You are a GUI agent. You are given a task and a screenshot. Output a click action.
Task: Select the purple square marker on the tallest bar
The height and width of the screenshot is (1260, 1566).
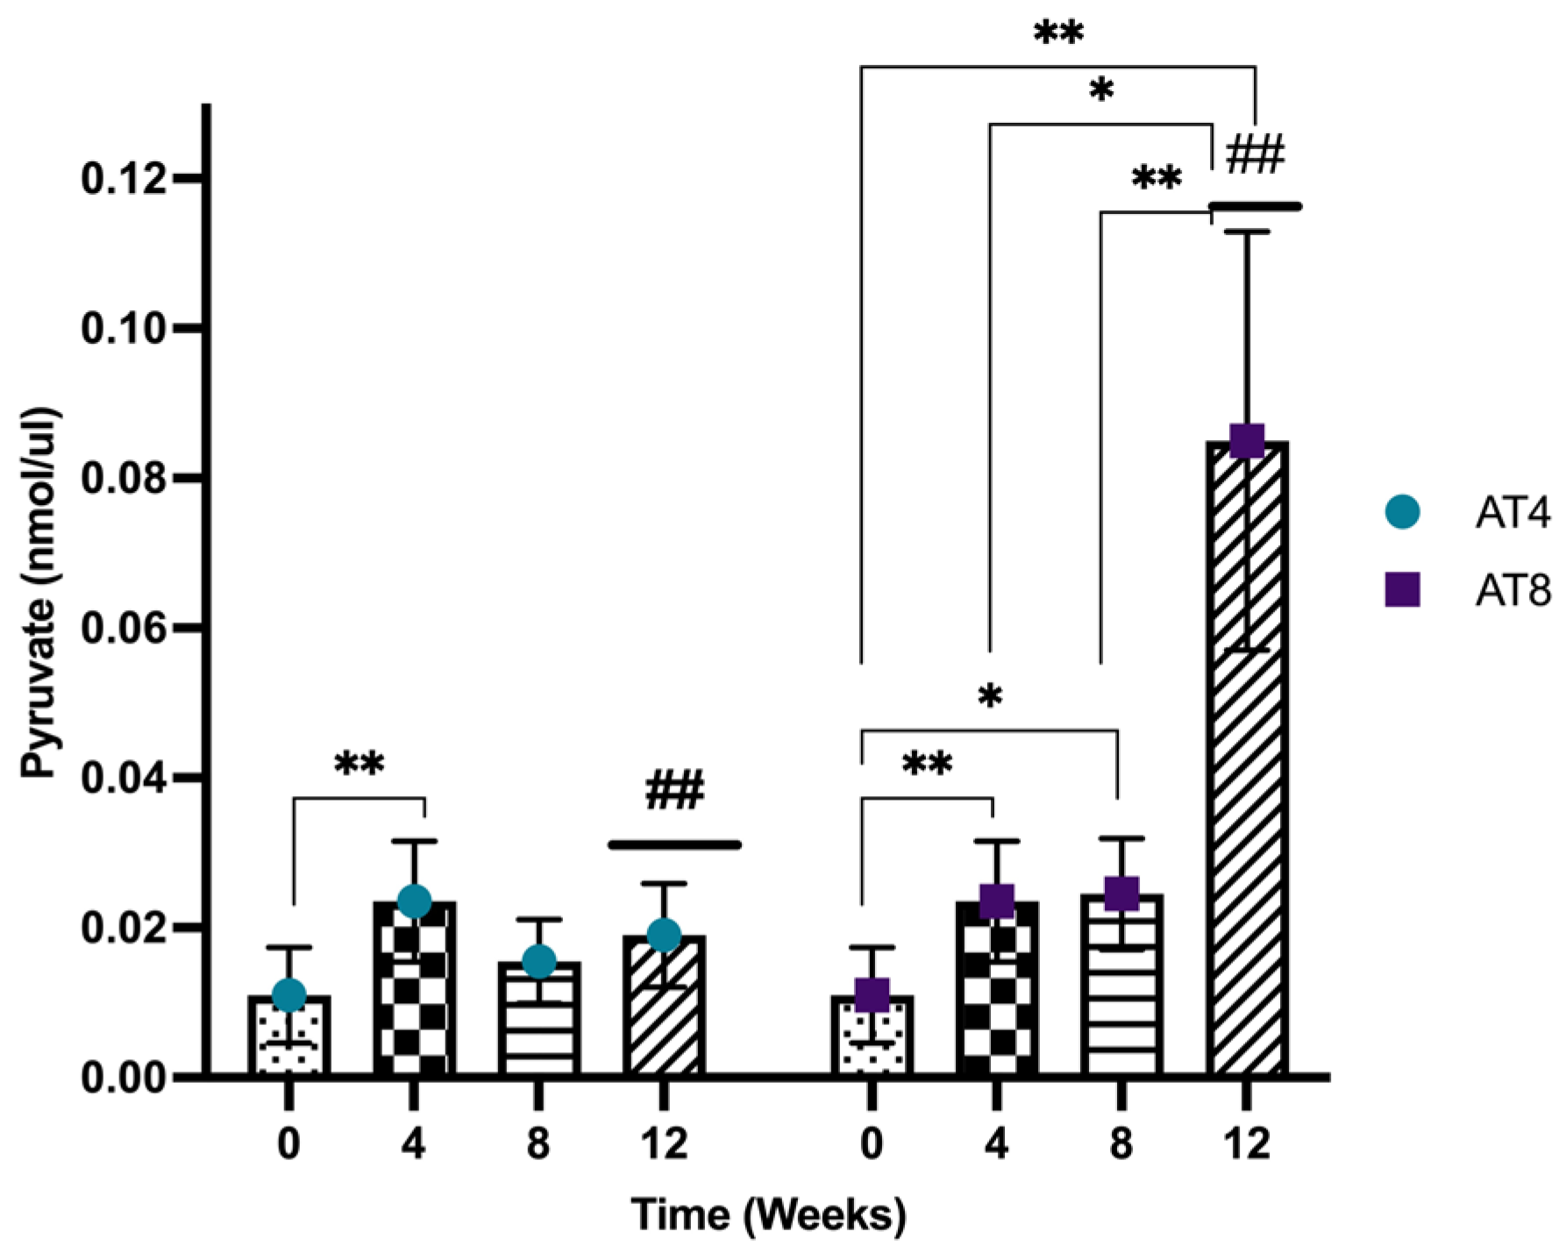1246,440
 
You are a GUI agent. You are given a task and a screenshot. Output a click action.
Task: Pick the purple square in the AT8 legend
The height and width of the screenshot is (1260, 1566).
1402,592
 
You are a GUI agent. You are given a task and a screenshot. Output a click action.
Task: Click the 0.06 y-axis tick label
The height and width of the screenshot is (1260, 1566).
124,628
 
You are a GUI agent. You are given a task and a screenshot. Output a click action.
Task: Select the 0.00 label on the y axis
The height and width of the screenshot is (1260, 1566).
124,1077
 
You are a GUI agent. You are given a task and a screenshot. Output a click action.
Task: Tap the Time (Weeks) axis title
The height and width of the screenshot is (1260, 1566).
767,1214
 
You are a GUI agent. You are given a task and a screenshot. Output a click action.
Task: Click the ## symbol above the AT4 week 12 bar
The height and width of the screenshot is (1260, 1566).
674,791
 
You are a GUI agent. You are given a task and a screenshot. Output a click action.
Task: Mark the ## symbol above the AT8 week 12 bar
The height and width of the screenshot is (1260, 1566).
1255,156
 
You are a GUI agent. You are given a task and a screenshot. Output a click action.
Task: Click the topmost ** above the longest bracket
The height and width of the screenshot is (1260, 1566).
1058,34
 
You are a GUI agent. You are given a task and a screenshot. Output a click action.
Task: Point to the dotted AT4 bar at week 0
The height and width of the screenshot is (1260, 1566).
289,1039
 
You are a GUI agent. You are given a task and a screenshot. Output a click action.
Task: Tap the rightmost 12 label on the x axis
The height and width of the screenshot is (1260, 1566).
1246,1144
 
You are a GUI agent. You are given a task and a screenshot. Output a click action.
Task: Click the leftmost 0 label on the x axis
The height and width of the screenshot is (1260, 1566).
289,1144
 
